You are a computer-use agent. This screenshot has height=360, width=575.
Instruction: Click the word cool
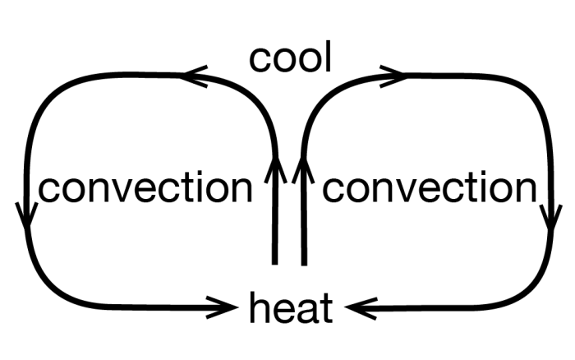[x=291, y=58]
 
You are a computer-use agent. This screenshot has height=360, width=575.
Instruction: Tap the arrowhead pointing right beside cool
[x=393, y=76]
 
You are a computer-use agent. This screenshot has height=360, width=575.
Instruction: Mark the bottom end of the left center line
[x=276, y=263]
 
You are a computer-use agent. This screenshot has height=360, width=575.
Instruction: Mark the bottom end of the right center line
[x=304, y=263]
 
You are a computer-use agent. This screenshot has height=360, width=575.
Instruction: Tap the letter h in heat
[x=256, y=309]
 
